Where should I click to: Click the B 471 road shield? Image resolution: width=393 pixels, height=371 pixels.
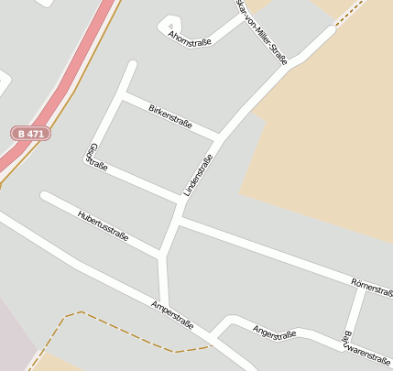pyautogui.click(x=31, y=133)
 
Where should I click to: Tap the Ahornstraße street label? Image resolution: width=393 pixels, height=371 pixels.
pyautogui.click(x=190, y=38)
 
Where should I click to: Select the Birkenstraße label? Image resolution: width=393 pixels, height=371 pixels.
pyautogui.click(x=169, y=116)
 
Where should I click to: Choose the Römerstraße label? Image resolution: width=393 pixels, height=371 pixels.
pyautogui.click(x=372, y=285)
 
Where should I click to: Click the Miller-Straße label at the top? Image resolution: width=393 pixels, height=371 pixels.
pyautogui.click(x=263, y=32)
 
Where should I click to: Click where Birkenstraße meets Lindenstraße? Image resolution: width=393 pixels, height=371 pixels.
pyautogui.click(x=219, y=139)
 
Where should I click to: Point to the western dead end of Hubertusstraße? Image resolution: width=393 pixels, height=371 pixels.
pyautogui.click(x=44, y=195)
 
